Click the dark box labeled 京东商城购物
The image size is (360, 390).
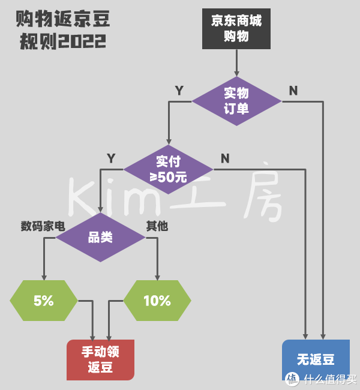tap(236, 29)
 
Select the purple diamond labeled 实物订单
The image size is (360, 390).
tap(236, 101)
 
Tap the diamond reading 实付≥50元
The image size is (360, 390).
tap(168, 169)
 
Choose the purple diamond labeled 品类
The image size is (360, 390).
tap(100, 238)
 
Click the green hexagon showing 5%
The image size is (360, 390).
tap(44, 301)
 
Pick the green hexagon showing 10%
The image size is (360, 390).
tap(157, 301)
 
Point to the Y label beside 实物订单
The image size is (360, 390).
tap(179, 91)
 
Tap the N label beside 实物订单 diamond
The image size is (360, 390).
tap(293, 91)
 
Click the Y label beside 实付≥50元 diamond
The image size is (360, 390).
tap(111, 158)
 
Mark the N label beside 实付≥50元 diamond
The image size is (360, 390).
tap(225, 158)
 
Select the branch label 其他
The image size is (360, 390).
tap(157, 226)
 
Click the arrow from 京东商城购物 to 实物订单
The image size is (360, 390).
tap(236, 63)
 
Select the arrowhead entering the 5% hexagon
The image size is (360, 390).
tap(44, 277)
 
